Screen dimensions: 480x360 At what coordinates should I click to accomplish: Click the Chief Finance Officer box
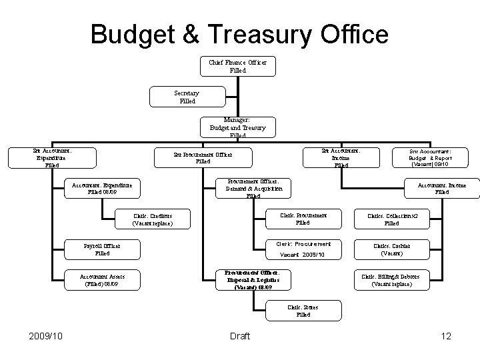237,66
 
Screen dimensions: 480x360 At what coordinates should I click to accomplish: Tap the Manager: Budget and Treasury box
237,127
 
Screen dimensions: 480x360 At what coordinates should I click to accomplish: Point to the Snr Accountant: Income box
341,157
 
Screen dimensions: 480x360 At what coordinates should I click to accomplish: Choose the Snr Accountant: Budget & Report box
431,157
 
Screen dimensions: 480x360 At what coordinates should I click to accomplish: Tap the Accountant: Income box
442,188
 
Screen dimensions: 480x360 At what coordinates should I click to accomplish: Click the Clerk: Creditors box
153,219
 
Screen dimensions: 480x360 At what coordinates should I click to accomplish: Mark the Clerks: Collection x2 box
391,219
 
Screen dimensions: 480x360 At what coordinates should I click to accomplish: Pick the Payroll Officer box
102,249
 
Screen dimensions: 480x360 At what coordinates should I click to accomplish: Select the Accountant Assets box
102,279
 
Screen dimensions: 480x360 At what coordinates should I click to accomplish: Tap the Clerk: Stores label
303,311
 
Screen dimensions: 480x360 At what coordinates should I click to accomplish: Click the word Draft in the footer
239,336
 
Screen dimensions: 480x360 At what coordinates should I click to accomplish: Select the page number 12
446,336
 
